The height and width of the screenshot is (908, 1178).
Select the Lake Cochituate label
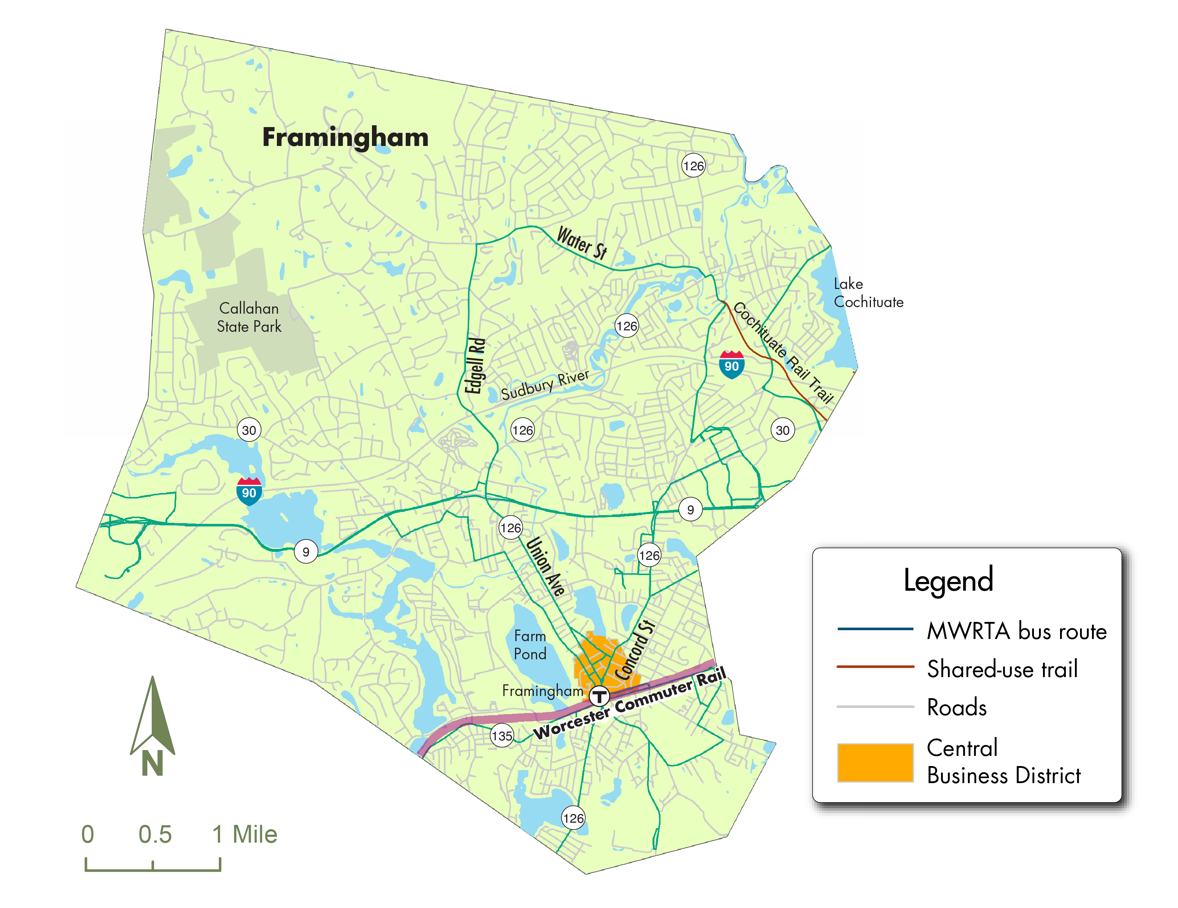[x=868, y=293]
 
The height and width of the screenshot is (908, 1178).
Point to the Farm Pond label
[x=530, y=645]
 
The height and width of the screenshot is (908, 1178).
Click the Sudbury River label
[x=545, y=385]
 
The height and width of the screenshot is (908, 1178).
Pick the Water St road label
[x=582, y=243]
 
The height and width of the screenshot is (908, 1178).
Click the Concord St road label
[x=635, y=650]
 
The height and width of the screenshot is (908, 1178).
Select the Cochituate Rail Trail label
[x=783, y=353]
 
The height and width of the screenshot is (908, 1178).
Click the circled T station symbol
[x=599, y=696]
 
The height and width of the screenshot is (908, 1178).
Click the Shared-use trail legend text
[x=1002, y=669]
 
